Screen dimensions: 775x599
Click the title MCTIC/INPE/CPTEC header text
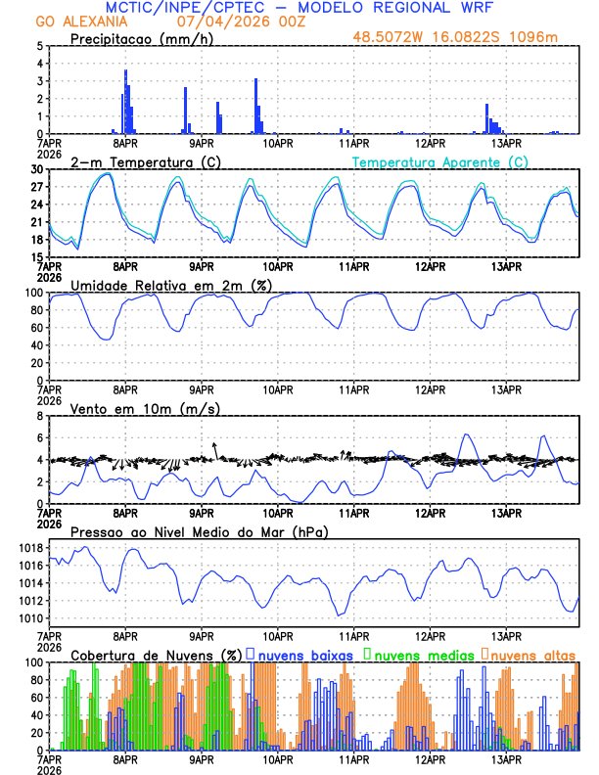(299, 8)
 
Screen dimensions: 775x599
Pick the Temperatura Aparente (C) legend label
(440, 161)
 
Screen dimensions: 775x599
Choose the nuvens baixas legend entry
(302, 654)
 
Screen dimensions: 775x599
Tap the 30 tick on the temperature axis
(37, 169)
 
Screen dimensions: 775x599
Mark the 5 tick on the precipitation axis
(40, 46)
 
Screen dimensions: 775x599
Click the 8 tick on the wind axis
(40, 416)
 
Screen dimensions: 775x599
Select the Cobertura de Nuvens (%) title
(156, 654)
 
